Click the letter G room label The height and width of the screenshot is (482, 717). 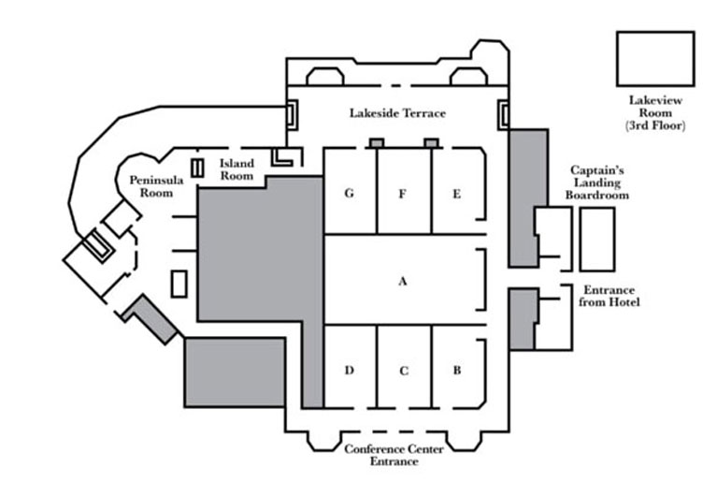coord(349,194)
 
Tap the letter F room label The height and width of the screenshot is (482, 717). coord(402,194)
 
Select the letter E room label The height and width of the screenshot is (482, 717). coord(456,194)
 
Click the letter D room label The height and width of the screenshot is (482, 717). coord(349,370)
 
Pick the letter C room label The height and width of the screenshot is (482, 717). coord(404,371)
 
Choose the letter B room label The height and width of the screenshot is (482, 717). coord(457,370)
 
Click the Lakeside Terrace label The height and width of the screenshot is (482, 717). coord(397,113)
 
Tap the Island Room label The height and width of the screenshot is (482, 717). coord(237,168)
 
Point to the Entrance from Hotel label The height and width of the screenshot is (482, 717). coord(610,296)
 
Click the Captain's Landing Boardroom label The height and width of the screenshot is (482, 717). coord(599,183)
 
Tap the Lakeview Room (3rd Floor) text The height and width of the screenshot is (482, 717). coord(655,111)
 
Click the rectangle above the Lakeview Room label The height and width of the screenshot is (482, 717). coord(655,58)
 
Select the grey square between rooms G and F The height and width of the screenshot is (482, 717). coord(376,143)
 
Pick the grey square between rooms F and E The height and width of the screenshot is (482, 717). coord(431,143)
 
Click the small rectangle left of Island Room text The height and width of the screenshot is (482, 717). coord(197,168)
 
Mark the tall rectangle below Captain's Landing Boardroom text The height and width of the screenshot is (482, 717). coord(597,240)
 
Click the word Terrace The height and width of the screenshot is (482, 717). coord(423,113)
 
